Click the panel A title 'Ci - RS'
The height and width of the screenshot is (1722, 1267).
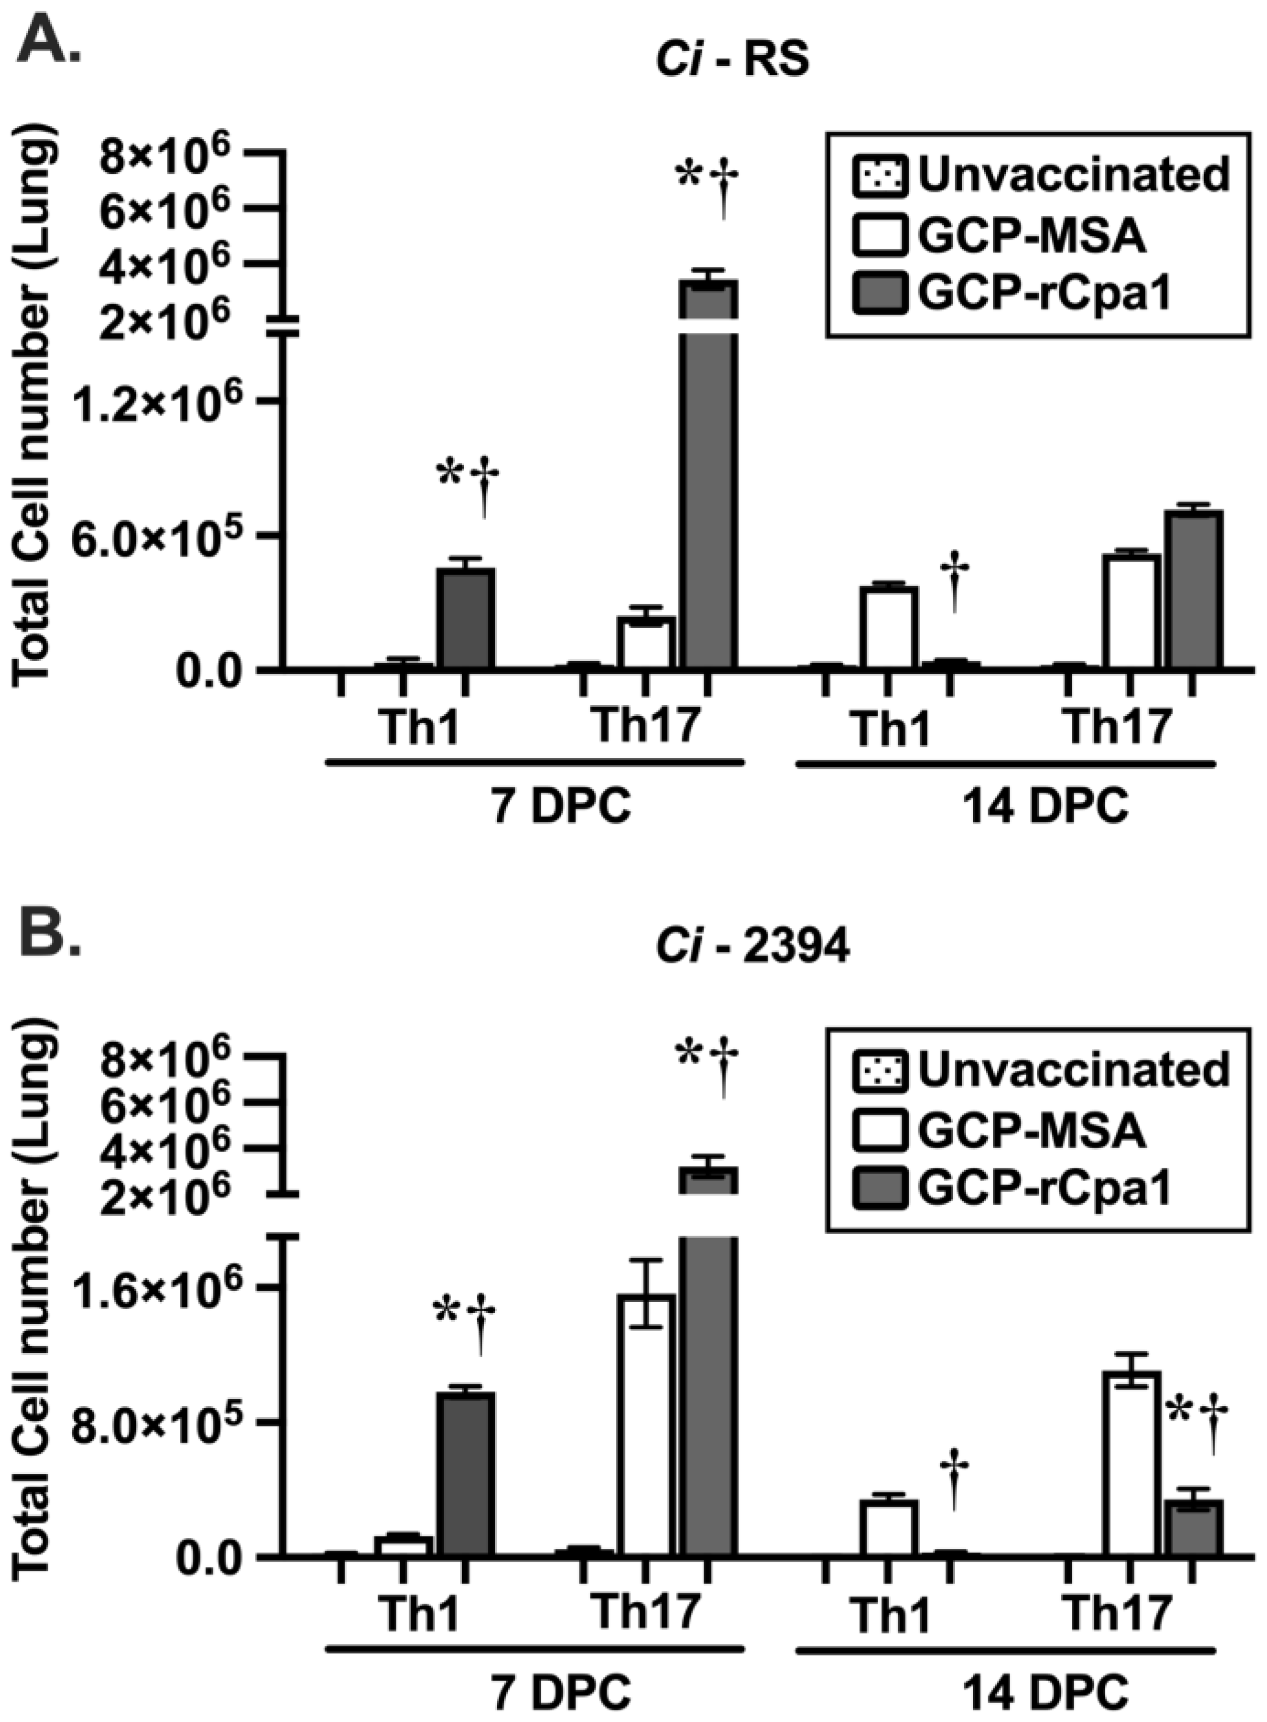pyautogui.click(x=732, y=60)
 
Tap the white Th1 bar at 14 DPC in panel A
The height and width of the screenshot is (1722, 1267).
pyautogui.click(x=888, y=627)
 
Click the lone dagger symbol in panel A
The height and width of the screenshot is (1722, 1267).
pyautogui.click(x=955, y=581)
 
